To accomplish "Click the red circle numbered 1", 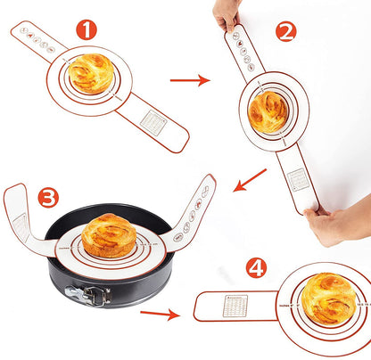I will coord(86,29).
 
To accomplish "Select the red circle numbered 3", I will coord(49,196).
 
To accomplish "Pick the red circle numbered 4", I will coord(256,267).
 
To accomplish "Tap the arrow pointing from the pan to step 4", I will coord(160,313).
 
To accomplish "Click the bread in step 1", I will coord(91,74).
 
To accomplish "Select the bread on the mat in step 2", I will coord(268,111).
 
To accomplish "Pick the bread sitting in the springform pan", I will coord(109,235).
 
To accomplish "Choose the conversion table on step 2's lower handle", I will coord(299,178).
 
